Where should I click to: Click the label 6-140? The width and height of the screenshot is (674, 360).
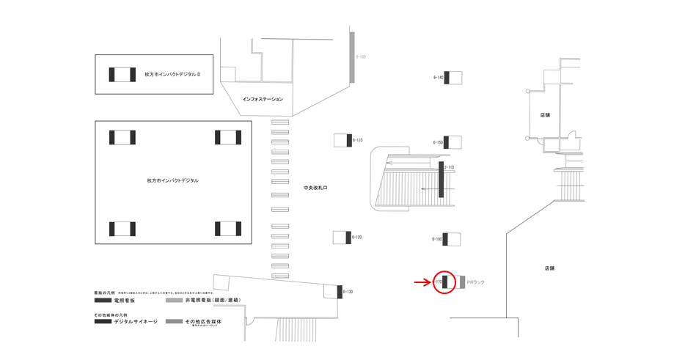point(439,77)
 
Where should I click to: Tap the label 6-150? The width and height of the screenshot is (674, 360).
point(438,142)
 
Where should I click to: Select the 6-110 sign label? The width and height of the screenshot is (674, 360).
point(358,140)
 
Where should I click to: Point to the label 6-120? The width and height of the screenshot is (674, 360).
point(357,238)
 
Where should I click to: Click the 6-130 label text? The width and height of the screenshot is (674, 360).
point(348,292)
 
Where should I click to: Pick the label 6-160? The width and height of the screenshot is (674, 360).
point(438,239)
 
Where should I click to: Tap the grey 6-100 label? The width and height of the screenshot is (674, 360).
point(361,56)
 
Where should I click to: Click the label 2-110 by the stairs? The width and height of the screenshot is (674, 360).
point(450,168)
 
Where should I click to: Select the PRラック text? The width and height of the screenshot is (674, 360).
point(476,282)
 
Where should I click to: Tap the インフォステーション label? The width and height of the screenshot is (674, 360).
point(263,98)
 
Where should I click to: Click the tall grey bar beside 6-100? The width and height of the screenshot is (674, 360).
point(352,56)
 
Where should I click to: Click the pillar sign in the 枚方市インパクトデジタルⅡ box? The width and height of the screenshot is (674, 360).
point(122,75)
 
